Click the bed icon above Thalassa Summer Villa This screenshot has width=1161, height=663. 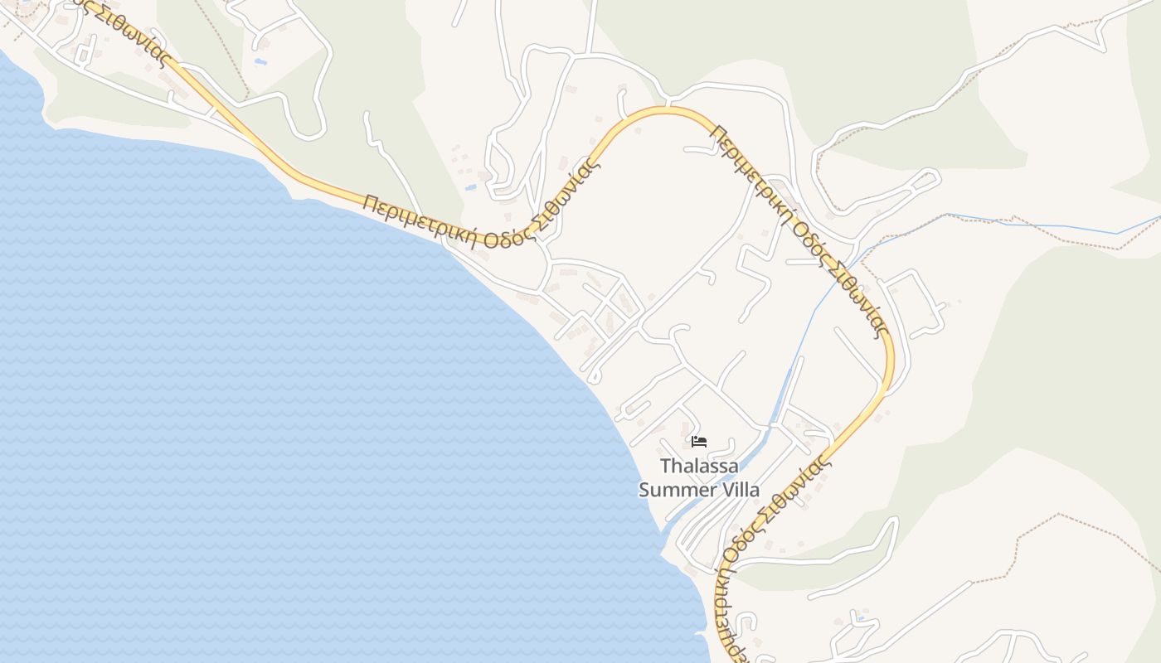tap(699, 441)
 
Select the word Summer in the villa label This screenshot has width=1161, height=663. tap(677, 490)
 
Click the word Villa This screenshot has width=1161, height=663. tap(740, 490)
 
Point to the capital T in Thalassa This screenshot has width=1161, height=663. tap(664, 467)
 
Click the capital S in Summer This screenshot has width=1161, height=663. tap(644, 490)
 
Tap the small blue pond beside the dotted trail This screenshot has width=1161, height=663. tap(260, 61)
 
